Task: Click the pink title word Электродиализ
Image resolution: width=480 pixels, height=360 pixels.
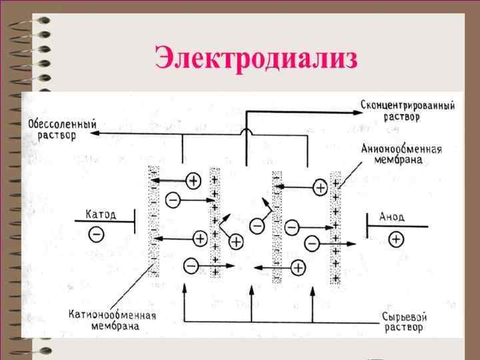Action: pyautogui.click(x=256, y=59)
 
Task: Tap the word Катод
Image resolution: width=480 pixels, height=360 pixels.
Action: pyautogui.click(x=101, y=214)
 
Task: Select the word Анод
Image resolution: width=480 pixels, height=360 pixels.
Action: pyautogui.click(x=391, y=217)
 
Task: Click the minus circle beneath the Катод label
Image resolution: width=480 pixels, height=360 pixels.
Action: pyautogui.click(x=97, y=234)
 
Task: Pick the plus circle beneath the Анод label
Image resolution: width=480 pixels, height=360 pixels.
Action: pyautogui.click(x=396, y=238)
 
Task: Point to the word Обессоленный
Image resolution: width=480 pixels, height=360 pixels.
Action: pyautogui.click(x=63, y=124)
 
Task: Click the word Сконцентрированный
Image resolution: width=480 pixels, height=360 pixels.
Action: pyautogui.click(x=407, y=106)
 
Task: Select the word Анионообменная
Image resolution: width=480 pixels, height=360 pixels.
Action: pyautogui.click(x=401, y=149)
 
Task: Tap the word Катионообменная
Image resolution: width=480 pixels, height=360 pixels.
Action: pyautogui.click(x=113, y=315)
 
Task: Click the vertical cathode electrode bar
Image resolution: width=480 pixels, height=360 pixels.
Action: pyautogui.click(x=135, y=219)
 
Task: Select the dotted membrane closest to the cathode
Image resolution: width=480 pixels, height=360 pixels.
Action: pyautogui.click(x=154, y=220)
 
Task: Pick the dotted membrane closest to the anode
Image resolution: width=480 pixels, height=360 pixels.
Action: pyautogui.click(x=336, y=227)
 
